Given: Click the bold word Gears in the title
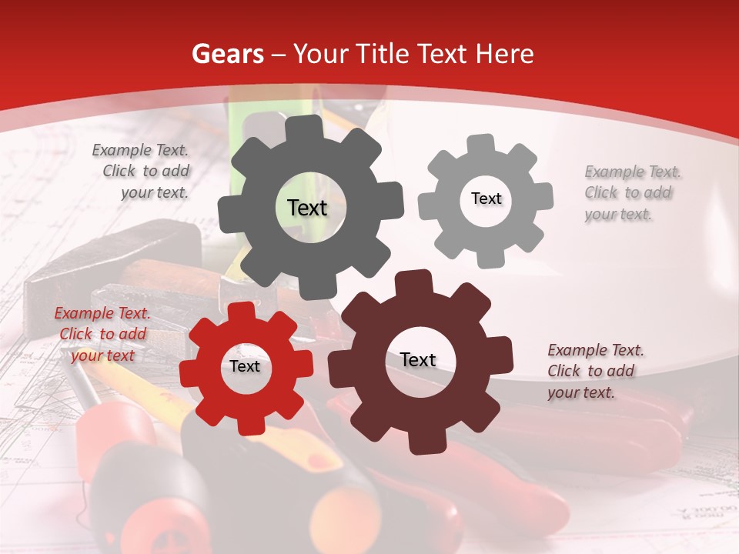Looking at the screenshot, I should click(228, 54).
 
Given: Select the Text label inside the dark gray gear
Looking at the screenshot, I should click(307, 208).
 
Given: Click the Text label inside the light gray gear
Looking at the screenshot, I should click(486, 199).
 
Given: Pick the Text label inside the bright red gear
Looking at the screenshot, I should click(245, 366).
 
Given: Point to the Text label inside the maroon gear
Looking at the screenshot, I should click(418, 359).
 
